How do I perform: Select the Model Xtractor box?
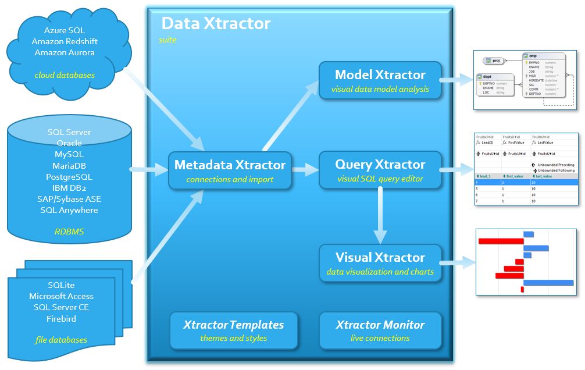[x=380, y=80]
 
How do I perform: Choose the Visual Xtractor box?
[x=380, y=263]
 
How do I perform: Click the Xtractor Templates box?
[x=234, y=330]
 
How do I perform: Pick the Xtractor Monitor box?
[x=380, y=330]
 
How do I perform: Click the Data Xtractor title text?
[x=216, y=23]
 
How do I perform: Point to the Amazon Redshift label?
[x=65, y=41]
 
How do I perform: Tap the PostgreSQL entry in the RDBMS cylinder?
[x=69, y=177]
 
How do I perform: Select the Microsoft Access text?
[x=61, y=297]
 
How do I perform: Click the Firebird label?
[x=61, y=319]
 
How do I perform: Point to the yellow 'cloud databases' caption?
[x=65, y=75]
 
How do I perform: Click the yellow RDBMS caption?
[x=69, y=232]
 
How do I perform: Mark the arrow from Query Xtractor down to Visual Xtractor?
[x=380, y=215]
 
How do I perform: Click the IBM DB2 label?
[x=69, y=188]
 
